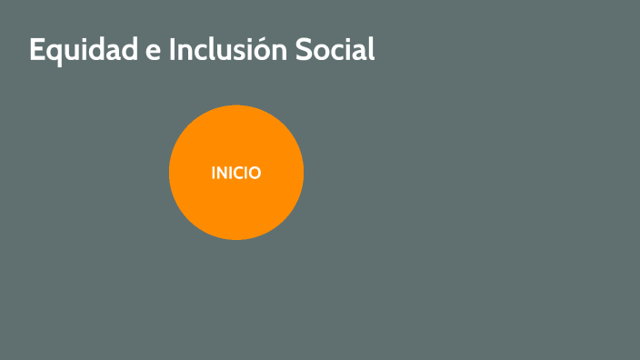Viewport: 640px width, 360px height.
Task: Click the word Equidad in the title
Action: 82,50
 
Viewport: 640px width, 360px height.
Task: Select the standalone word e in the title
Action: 152,52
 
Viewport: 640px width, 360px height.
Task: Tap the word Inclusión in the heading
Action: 228,50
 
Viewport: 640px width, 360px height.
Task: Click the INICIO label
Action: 236,173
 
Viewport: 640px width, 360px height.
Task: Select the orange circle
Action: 236,209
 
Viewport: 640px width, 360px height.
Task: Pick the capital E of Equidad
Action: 36,50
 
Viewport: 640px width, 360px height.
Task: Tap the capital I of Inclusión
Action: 173,50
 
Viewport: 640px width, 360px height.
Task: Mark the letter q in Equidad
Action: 54,54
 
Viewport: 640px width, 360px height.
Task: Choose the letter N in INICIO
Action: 224,173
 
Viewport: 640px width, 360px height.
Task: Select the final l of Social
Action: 371,50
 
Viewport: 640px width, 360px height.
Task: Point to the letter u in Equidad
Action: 71,52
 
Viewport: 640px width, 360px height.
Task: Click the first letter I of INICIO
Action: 215,173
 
